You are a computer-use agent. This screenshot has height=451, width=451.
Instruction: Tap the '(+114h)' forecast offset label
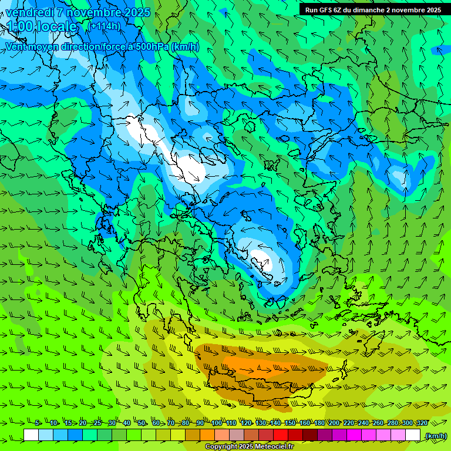click(104, 26)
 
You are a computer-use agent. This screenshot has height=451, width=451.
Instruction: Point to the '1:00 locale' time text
click(42, 26)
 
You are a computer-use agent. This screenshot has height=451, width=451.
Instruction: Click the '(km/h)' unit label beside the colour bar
click(436, 435)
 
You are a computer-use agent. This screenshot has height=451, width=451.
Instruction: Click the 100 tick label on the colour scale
click(217, 423)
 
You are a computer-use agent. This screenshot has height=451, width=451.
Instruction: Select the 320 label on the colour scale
click(422, 423)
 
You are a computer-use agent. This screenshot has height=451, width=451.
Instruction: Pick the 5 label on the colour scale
click(38, 423)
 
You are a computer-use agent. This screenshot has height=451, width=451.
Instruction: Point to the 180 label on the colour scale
click(319, 423)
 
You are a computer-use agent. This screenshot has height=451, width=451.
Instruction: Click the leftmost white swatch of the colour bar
click(31, 435)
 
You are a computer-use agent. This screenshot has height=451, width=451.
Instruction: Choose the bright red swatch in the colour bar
click(281, 435)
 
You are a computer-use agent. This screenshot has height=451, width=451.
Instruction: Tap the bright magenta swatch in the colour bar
click(355, 435)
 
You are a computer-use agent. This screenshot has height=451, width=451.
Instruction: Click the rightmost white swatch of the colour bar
click(413, 435)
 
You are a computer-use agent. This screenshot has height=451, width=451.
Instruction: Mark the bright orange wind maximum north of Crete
click(258, 368)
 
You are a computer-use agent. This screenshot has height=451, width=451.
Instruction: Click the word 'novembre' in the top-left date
click(95, 12)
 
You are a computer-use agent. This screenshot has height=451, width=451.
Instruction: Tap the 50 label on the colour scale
click(142, 423)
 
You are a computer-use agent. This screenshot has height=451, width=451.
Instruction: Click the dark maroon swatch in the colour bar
click(311, 435)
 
